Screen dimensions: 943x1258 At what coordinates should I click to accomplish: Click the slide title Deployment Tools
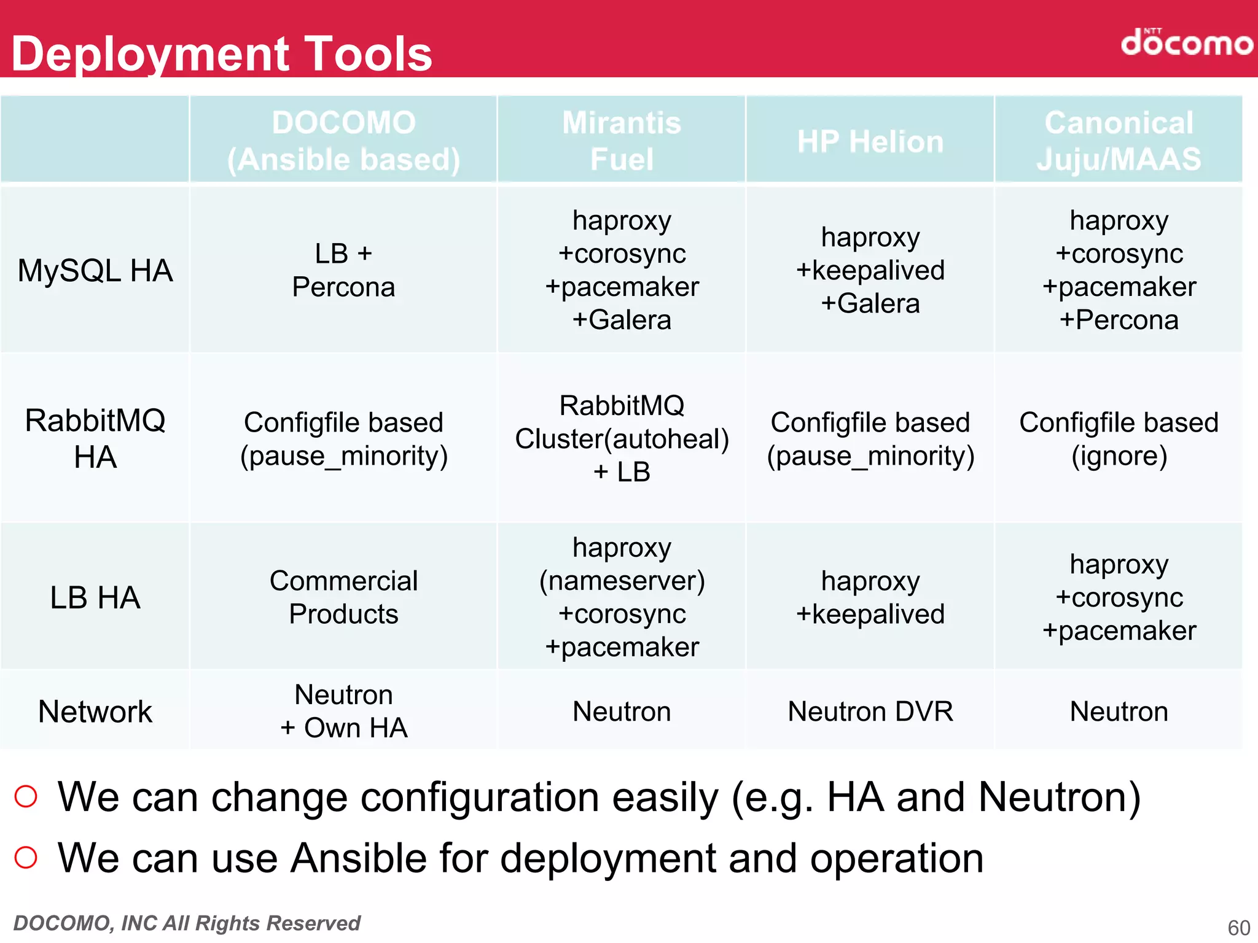coord(222,54)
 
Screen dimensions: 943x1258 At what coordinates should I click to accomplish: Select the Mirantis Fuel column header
coord(622,141)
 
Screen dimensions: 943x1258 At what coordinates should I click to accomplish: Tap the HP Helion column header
coord(870,142)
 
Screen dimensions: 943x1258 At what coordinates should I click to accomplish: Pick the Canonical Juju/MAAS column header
coord(1119,141)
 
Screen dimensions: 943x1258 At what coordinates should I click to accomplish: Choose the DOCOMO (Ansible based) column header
coord(343,141)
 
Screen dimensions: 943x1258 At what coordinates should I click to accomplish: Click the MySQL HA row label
coord(95,271)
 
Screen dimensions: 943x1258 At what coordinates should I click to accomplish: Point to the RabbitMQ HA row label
coord(95,438)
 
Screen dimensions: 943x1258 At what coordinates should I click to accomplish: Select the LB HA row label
coord(95,597)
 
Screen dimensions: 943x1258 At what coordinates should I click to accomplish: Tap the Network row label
coord(95,712)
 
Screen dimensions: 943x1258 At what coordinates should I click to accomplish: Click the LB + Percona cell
coord(343,270)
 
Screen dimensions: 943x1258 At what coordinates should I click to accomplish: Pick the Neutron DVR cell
coord(870,712)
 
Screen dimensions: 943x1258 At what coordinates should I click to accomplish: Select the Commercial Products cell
coord(343,597)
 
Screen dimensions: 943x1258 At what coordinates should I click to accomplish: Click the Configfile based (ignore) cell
coord(1119,439)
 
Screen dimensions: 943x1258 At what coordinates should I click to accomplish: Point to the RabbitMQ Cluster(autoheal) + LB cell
coord(622,439)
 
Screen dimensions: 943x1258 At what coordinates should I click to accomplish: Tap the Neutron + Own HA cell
coord(343,712)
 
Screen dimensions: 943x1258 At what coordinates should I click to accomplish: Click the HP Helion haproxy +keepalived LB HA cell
coord(870,597)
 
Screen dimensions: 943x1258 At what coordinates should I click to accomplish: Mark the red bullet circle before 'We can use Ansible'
coord(26,857)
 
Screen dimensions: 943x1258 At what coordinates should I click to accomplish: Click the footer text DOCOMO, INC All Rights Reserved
coord(187,923)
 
